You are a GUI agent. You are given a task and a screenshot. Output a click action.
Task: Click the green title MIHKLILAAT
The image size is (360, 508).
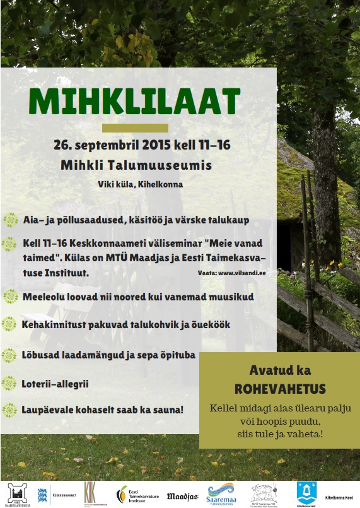point(134,100)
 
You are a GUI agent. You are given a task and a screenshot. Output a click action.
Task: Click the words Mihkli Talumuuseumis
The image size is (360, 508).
point(136,165)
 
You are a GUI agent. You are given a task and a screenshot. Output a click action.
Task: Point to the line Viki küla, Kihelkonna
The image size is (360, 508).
point(140,184)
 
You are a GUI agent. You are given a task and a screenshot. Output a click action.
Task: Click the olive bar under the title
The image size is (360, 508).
point(135,127)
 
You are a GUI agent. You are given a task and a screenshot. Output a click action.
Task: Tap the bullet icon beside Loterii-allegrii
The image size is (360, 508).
point(10,382)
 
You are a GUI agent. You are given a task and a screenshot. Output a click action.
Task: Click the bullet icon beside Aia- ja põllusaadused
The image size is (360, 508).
point(10,220)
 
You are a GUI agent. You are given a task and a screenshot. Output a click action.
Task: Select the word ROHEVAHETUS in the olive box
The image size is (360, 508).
point(279,388)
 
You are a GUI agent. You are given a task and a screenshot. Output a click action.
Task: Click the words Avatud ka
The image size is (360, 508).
point(279,371)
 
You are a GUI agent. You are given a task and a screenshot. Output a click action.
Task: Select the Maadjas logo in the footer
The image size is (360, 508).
point(183,497)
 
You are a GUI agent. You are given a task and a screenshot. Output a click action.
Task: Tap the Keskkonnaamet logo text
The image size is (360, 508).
point(65,495)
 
